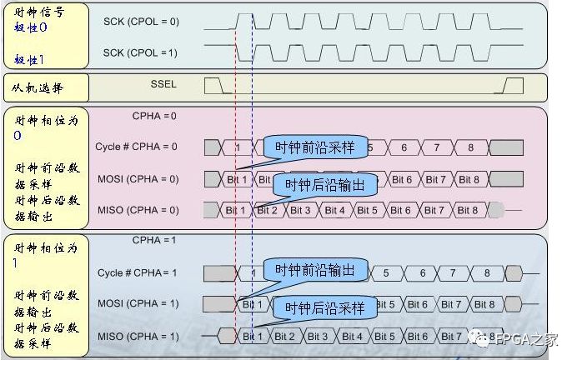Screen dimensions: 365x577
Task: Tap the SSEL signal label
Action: [163, 84]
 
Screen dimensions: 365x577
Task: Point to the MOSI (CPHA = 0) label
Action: [138, 179]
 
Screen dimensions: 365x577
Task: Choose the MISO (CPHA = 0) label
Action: [138, 210]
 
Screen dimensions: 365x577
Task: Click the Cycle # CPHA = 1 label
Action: [138, 272]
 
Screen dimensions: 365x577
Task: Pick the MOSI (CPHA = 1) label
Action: [138, 304]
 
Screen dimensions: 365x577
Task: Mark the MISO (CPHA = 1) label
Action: [138, 337]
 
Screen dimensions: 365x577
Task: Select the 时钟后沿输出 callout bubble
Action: [325, 185]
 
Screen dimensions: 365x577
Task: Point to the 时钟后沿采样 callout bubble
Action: [325, 308]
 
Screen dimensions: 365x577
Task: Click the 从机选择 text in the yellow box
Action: [38, 87]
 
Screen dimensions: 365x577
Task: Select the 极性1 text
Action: [28, 59]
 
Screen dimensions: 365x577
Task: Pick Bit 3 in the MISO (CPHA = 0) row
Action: [301, 211]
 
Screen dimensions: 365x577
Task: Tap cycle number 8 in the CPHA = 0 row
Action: [470, 147]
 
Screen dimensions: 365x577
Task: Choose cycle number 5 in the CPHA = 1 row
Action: [386, 272]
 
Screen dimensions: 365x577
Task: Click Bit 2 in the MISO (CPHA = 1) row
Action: [284, 337]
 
